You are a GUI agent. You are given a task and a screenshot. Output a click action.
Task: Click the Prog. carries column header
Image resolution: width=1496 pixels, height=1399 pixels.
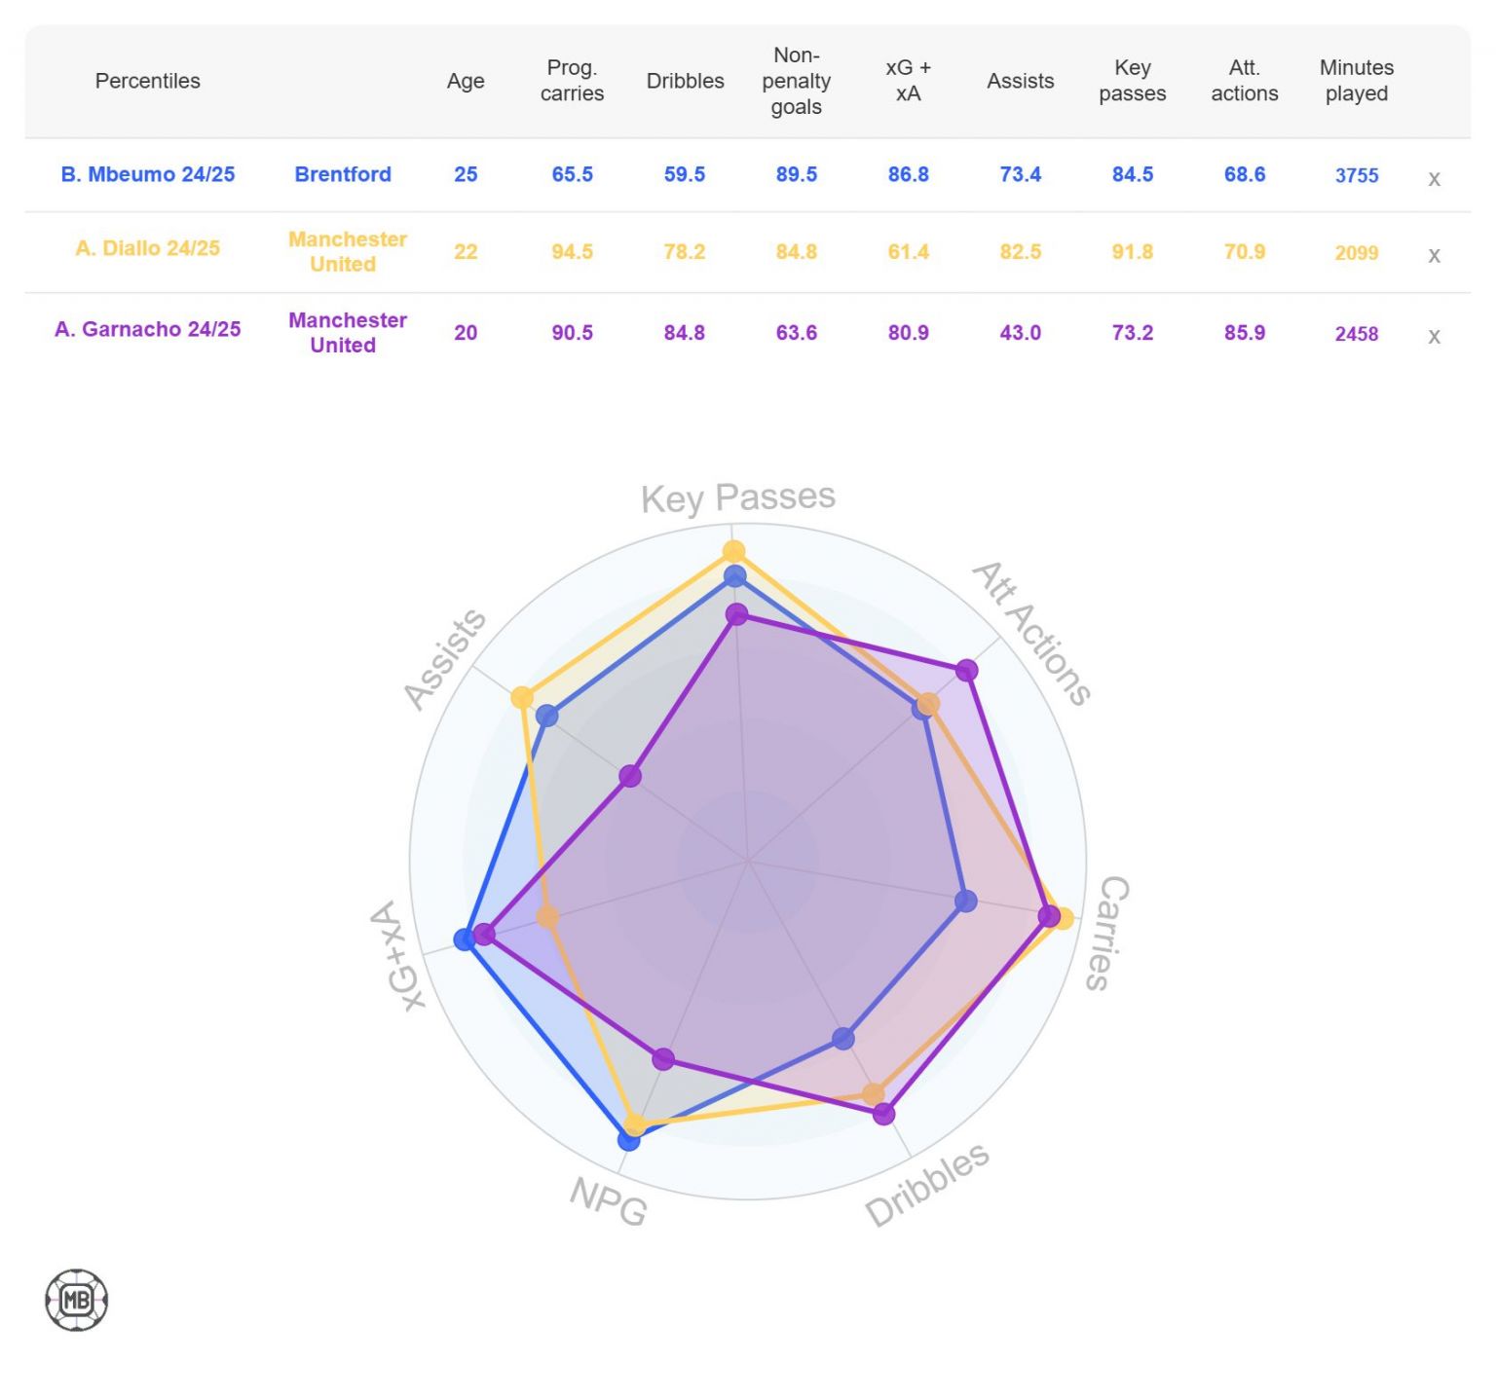pyautogui.click(x=572, y=81)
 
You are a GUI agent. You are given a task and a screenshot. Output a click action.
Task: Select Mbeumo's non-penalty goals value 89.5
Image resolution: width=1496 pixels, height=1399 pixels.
pyautogui.click(x=796, y=174)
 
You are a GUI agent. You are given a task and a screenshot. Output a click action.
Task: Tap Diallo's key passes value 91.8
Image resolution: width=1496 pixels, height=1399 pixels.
pyautogui.click(x=1132, y=251)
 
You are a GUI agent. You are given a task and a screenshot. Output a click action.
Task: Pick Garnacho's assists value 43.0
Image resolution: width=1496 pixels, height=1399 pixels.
pyautogui.click(x=1020, y=333)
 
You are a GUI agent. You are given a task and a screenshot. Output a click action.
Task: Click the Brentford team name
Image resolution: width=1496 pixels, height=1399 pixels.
pyautogui.click(x=343, y=174)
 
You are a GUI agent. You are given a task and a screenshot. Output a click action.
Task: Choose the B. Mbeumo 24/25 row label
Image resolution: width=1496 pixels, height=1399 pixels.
pyautogui.click(x=148, y=174)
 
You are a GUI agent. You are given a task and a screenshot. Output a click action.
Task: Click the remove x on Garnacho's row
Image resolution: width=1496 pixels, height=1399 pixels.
pyautogui.click(x=1434, y=337)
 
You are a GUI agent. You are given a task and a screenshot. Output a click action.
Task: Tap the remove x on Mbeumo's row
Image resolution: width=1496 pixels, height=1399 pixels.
pyautogui.click(x=1434, y=179)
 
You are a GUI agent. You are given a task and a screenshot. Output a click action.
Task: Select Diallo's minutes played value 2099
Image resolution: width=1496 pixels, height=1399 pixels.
pyautogui.click(x=1356, y=253)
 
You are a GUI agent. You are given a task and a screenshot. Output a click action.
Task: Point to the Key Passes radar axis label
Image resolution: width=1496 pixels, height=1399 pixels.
pyautogui.click(x=737, y=497)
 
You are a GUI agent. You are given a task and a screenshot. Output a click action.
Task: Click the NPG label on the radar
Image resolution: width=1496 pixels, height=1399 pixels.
pyautogui.click(x=609, y=1199)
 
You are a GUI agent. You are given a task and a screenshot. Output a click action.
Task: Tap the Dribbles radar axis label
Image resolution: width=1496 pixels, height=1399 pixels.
pyautogui.click(x=926, y=1184)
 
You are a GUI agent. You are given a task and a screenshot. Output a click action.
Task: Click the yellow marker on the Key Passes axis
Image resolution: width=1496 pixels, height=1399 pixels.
pyautogui.click(x=733, y=552)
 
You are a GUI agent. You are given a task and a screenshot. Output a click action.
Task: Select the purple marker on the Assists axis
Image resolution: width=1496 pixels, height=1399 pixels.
pyautogui.click(x=630, y=776)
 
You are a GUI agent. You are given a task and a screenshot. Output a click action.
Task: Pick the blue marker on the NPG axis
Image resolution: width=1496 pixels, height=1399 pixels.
pyautogui.click(x=629, y=1139)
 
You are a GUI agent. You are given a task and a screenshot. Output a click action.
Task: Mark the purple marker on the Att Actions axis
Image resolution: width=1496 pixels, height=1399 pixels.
pyautogui.click(x=966, y=670)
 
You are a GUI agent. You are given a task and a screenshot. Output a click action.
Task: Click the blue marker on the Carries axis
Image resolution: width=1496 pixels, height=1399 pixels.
pyautogui.click(x=965, y=901)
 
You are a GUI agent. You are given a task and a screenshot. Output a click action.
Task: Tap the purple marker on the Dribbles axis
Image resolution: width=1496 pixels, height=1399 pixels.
pyautogui.click(x=883, y=1114)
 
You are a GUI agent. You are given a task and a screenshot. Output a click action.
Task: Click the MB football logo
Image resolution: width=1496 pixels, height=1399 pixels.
pyautogui.click(x=77, y=1300)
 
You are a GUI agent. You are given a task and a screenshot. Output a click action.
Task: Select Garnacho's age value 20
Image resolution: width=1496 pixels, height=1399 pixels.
pyautogui.click(x=466, y=333)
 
